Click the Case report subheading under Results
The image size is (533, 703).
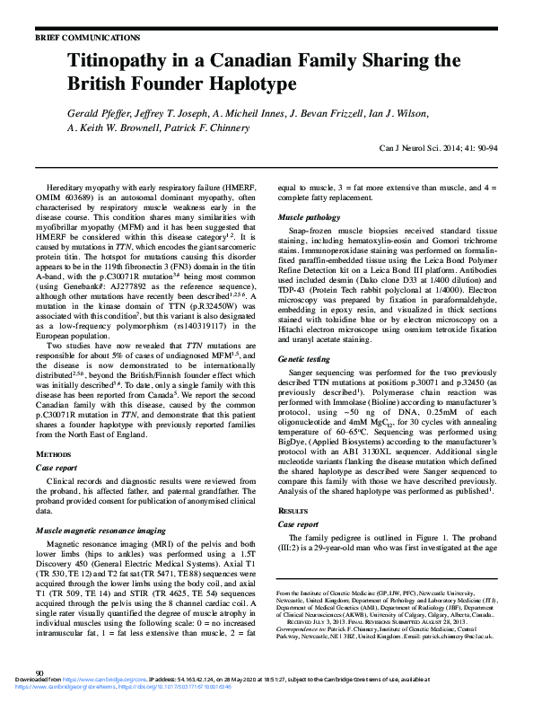point(297,523)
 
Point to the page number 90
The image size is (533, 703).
point(39,672)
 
